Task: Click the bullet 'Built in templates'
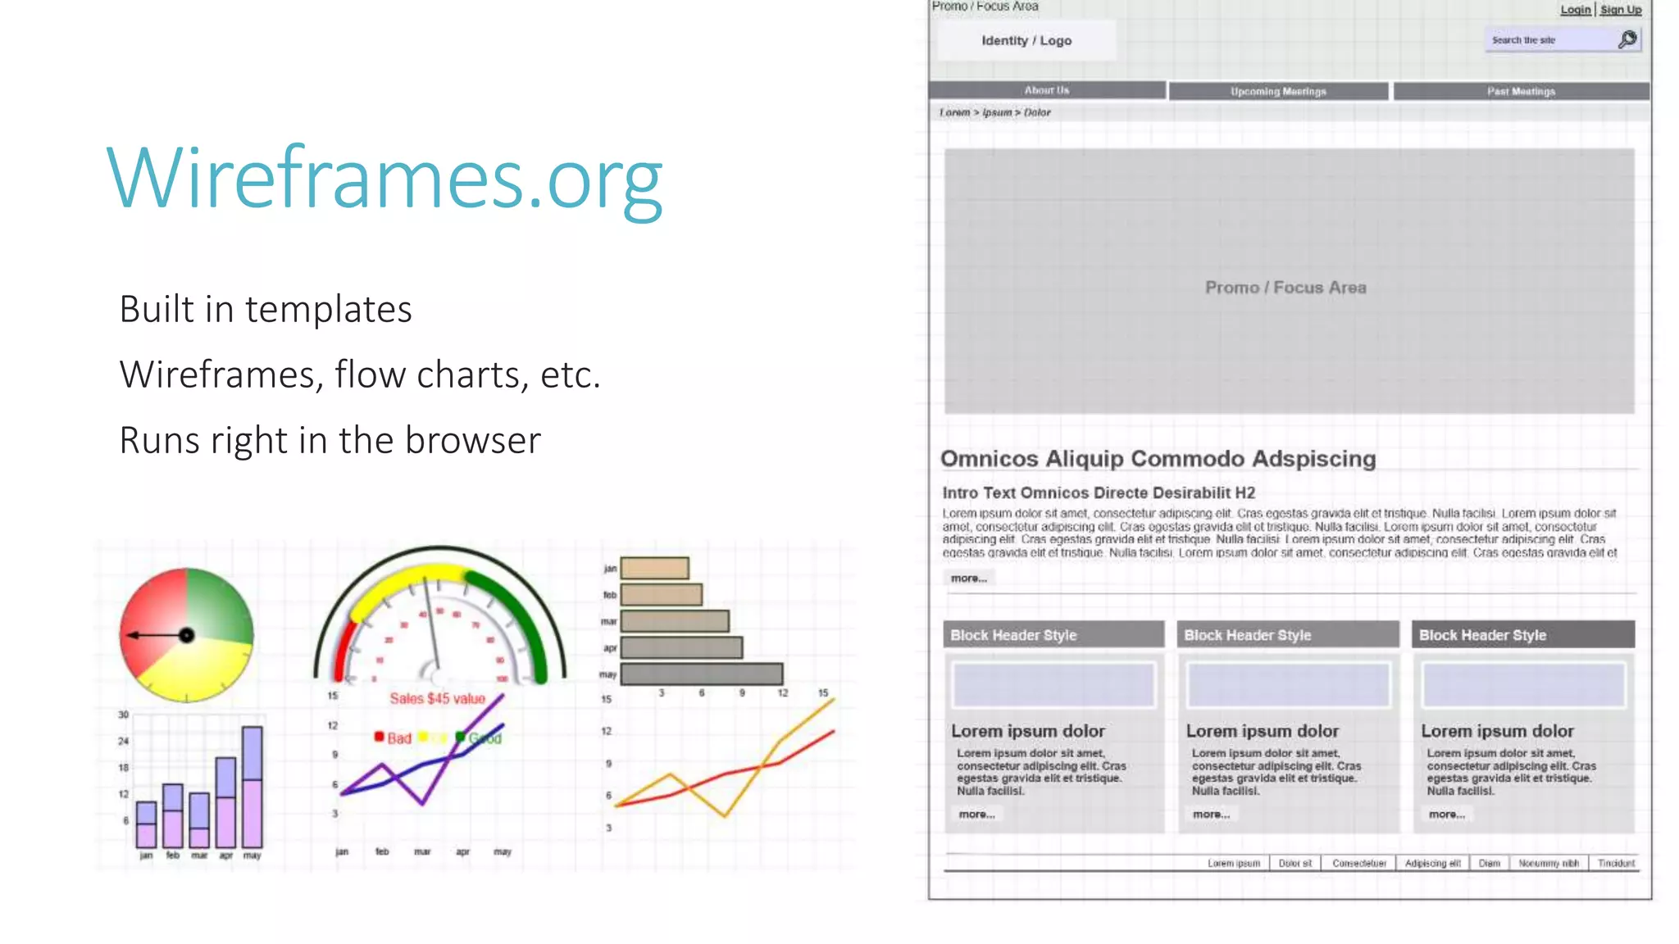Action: pyautogui.click(x=266, y=310)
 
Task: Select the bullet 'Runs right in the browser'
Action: pyautogui.click(x=330, y=441)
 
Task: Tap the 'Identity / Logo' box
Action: pyautogui.click(x=1026, y=41)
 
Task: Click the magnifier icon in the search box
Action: pyautogui.click(x=1627, y=39)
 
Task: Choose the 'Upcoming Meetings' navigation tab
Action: pyautogui.click(x=1278, y=92)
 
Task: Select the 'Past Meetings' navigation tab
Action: pyautogui.click(x=1521, y=92)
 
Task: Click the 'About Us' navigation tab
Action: pyautogui.click(x=1046, y=90)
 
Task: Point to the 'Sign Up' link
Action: pyautogui.click(x=1621, y=10)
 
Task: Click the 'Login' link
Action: pyautogui.click(x=1575, y=10)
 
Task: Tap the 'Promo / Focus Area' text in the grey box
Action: pyautogui.click(x=1285, y=288)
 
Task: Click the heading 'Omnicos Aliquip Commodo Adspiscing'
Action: pyautogui.click(x=1158, y=459)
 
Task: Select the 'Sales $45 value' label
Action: pyautogui.click(x=437, y=699)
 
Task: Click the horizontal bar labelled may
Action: pyautogui.click(x=701, y=674)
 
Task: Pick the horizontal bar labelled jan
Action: pyautogui.click(x=654, y=568)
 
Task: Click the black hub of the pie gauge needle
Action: pyautogui.click(x=187, y=635)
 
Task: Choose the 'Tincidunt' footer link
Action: pyautogui.click(x=1616, y=864)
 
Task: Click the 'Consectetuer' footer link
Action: pyautogui.click(x=1358, y=864)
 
